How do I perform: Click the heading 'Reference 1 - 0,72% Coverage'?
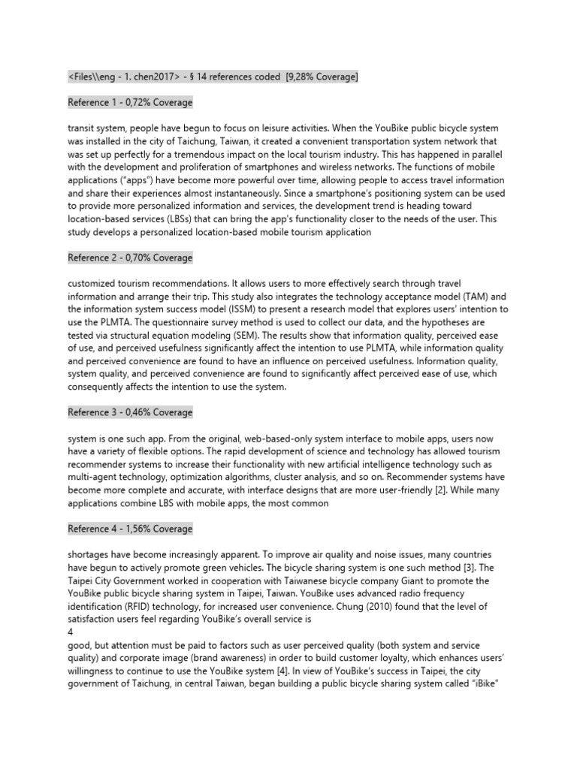click(x=130, y=102)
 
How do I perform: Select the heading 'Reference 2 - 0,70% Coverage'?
click(x=130, y=258)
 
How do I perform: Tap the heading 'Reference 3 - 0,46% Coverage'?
click(x=130, y=412)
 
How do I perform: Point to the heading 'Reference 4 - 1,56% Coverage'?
click(x=130, y=529)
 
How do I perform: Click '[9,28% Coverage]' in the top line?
click(x=322, y=77)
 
